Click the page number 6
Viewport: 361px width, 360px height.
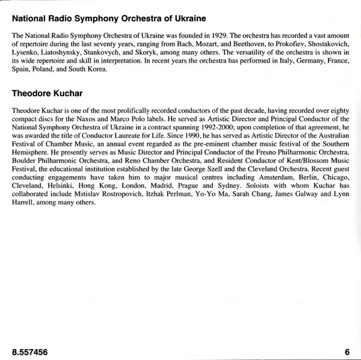pos(347,351)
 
